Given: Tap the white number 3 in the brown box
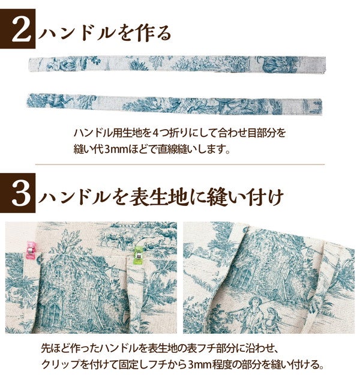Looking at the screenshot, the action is [21, 193].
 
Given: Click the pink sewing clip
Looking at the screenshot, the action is [31, 250].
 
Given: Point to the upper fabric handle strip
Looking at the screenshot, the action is [177, 64].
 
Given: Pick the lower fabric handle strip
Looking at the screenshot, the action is [174, 105].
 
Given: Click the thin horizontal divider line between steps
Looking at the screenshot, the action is [180, 164].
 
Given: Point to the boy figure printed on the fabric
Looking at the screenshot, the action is [253, 314].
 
